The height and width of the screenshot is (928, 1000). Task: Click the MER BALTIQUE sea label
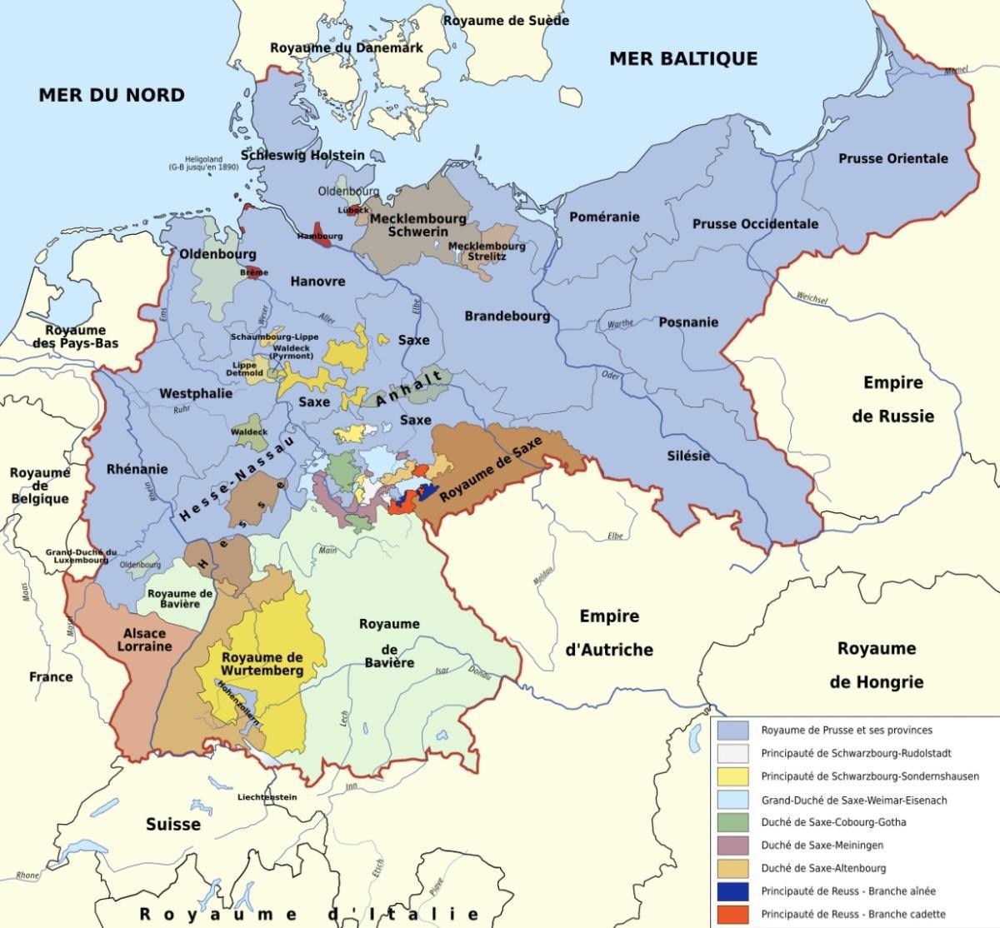click(683, 58)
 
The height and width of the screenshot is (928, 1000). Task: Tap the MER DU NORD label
click(112, 95)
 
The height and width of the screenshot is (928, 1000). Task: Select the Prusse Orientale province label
click(892, 158)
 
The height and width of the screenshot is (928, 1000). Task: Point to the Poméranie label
click(604, 217)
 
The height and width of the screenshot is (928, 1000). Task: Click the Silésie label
click(688, 456)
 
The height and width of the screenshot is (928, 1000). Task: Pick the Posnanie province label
click(688, 322)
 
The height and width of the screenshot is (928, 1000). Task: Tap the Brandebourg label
click(507, 317)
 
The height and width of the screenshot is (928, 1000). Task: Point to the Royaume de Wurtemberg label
click(262, 663)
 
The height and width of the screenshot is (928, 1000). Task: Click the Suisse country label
click(173, 824)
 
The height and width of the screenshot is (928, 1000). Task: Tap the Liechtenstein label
click(267, 797)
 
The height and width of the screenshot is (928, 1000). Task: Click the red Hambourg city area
click(322, 232)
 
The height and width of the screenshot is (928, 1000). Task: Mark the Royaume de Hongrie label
click(876, 665)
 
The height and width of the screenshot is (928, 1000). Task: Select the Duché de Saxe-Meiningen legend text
click(822, 845)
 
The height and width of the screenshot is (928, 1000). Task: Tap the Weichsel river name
click(812, 297)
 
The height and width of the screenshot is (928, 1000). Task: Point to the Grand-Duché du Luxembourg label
click(81, 556)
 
